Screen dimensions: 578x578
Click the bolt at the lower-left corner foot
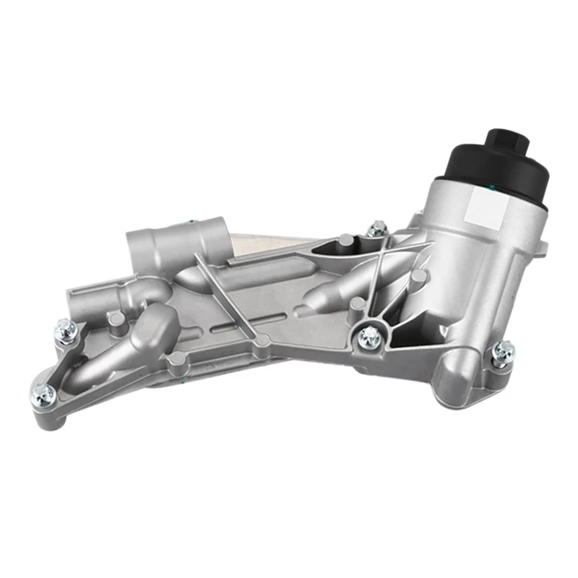coord(44,392)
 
